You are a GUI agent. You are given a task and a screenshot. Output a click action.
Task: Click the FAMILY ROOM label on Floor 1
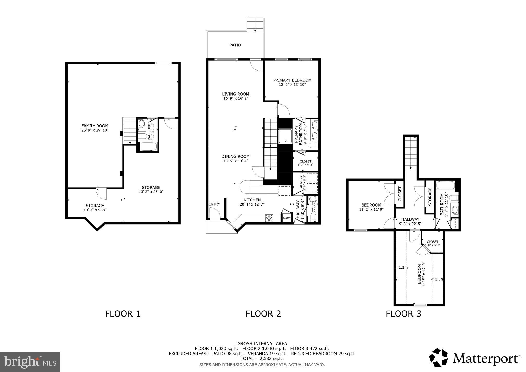click(x=95, y=126)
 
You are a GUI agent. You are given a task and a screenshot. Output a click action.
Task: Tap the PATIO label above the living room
click(x=235, y=45)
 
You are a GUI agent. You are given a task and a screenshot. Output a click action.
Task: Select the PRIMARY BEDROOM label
click(x=292, y=80)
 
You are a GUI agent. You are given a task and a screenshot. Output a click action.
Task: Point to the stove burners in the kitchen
click(x=269, y=218)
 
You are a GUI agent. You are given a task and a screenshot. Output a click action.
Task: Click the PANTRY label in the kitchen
click(x=287, y=218)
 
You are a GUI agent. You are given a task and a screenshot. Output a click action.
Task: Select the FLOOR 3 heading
click(x=403, y=314)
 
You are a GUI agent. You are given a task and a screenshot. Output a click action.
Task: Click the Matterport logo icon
click(x=439, y=357)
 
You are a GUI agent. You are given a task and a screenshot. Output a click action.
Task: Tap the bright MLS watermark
click(x=30, y=362)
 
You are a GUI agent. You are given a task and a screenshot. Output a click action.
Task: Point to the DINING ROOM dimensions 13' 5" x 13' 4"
click(x=236, y=161)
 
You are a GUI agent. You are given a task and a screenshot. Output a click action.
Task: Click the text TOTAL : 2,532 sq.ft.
click(x=262, y=358)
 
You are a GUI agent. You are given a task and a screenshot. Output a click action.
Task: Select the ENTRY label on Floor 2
click(x=214, y=204)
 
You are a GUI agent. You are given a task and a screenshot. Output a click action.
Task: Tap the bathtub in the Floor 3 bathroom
click(x=446, y=185)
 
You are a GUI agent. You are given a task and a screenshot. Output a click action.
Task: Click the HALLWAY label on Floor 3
click(x=410, y=219)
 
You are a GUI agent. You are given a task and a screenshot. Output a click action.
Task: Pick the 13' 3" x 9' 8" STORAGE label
click(x=95, y=208)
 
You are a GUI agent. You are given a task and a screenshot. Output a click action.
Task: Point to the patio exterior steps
click(x=255, y=25)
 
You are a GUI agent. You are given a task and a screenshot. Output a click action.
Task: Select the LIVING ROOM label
click(x=236, y=94)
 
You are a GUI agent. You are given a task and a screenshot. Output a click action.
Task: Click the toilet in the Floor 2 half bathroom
click(x=313, y=199)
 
